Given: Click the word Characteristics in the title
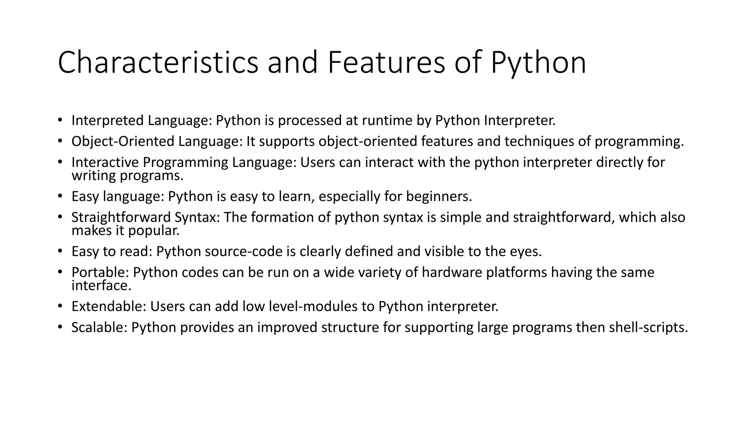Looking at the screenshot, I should pyautogui.click(x=158, y=63).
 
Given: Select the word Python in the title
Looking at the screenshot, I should pyautogui.click(x=538, y=63).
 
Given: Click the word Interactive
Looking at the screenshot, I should pyautogui.click(x=105, y=162).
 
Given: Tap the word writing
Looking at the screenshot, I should pyautogui.click(x=94, y=176).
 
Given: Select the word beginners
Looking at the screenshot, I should pyautogui.click(x=439, y=197).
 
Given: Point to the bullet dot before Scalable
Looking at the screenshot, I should pyautogui.click(x=60, y=327).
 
